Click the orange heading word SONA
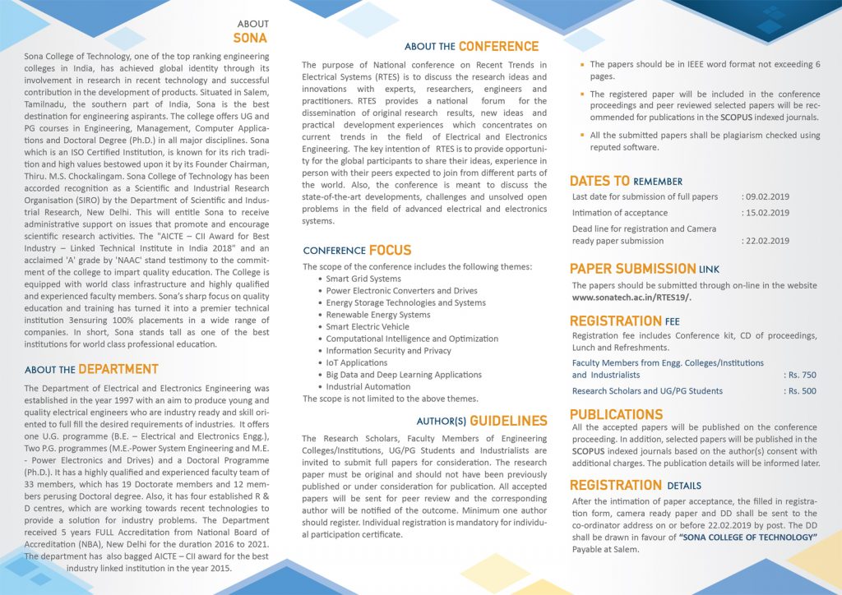250,38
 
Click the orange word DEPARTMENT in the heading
118,369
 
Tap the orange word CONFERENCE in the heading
498,46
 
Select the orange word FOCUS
390,250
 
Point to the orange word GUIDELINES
508,421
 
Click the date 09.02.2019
766,197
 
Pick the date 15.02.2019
766,213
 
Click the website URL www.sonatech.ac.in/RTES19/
631,297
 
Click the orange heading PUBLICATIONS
616,414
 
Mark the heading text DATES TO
599,181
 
